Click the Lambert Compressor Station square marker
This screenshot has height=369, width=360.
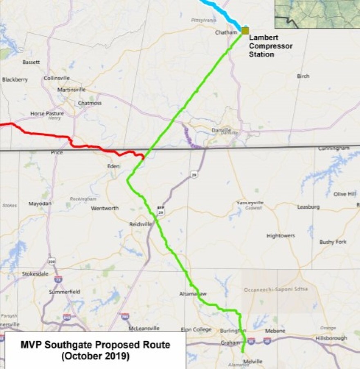click(x=245, y=31)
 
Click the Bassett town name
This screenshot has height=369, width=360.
click(x=32, y=62)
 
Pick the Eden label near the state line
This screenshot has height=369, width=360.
click(x=113, y=166)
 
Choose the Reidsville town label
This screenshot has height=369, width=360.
click(x=140, y=224)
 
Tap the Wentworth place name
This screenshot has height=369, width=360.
click(x=105, y=208)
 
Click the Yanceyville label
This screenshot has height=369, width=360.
click(x=250, y=203)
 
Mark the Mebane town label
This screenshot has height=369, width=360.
click(x=274, y=331)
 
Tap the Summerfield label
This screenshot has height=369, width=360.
click(x=65, y=292)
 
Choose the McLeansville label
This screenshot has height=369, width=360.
click(x=144, y=329)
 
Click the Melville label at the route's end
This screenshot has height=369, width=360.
click(x=252, y=361)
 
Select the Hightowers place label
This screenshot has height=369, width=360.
click(x=281, y=236)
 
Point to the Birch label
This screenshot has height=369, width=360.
click(x=304, y=76)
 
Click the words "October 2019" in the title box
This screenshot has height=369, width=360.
click(x=95, y=356)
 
